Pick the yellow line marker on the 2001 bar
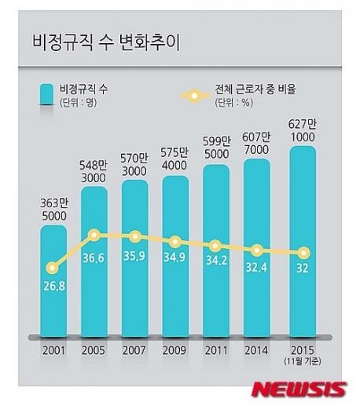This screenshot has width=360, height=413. coord(53,268)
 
